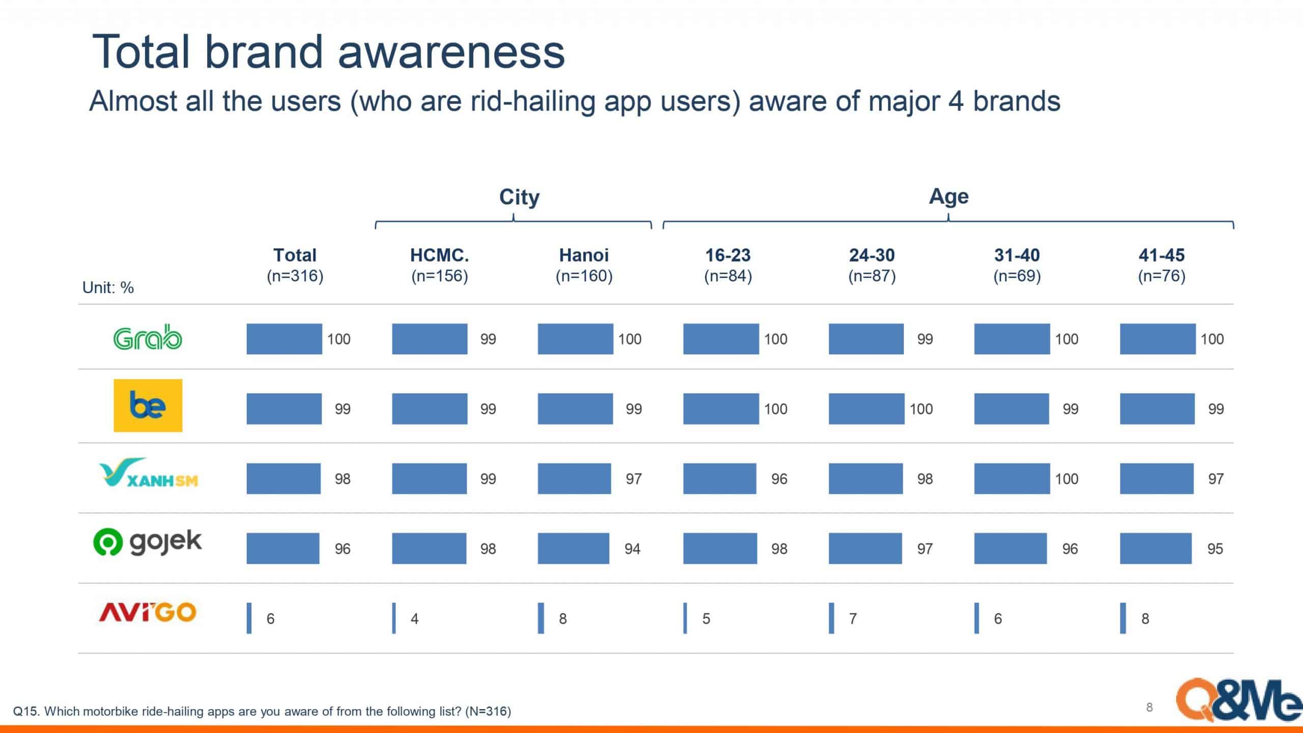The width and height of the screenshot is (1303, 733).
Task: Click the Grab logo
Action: click(148, 338)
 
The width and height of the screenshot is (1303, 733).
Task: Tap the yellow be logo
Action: click(148, 405)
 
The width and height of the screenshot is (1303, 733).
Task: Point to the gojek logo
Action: click(148, 542)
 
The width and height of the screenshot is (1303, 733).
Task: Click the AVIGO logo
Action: click(148, 612)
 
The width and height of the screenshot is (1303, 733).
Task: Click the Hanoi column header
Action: click(584, 265)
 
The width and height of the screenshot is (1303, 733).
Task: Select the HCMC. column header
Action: click(439, 265)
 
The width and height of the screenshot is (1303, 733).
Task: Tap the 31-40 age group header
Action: click(1017, 265)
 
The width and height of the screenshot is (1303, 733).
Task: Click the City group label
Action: click(519, 196)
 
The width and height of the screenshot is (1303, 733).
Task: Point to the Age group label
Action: click(949, 196)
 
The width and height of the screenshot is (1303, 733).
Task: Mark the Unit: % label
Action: click(108, 288)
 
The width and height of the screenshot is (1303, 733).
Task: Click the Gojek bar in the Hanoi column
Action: click(573, 548)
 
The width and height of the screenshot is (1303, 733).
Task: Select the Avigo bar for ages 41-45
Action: click(1123, 618)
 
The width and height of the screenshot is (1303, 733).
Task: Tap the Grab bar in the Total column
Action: click(284, 339)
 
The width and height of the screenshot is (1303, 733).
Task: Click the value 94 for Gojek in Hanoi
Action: click(633, 549)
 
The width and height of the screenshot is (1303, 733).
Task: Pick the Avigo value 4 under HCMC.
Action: click(415, 618)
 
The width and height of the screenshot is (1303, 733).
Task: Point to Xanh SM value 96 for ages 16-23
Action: click(779, 478)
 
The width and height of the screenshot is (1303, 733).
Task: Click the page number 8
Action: click(1149, 707)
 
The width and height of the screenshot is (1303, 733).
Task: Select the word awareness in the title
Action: click(451, 52)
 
